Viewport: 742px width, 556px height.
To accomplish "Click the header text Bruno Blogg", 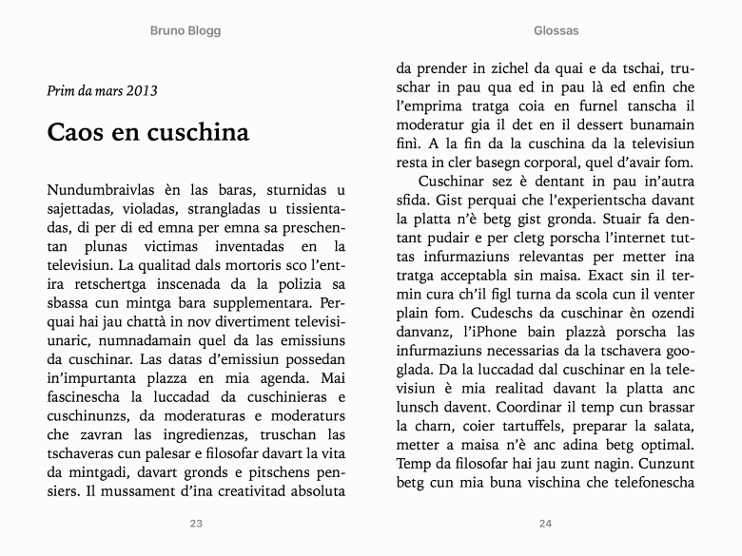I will [x=185, y=30].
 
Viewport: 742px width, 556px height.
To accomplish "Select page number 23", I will [x=196, y=524].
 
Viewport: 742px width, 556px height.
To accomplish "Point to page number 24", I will [x=545, y=524].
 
